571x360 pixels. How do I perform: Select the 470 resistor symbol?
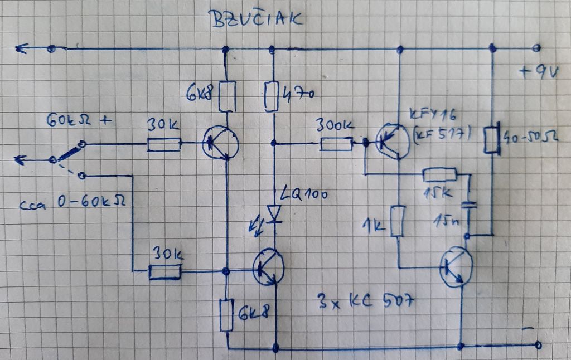(x=272, y=96)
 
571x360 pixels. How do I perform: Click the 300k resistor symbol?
(x=336, y=144)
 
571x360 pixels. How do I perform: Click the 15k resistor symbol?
(x=439, y=176)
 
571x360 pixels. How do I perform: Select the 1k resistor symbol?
(x=399, y=220)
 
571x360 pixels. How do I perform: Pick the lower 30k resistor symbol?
(x=165, y=271)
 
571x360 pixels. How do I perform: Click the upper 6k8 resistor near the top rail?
(x=225, y=95)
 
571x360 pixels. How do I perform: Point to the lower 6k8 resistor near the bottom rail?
(x=226, y=315)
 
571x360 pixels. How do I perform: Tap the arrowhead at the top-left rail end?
(x=21, y=49)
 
